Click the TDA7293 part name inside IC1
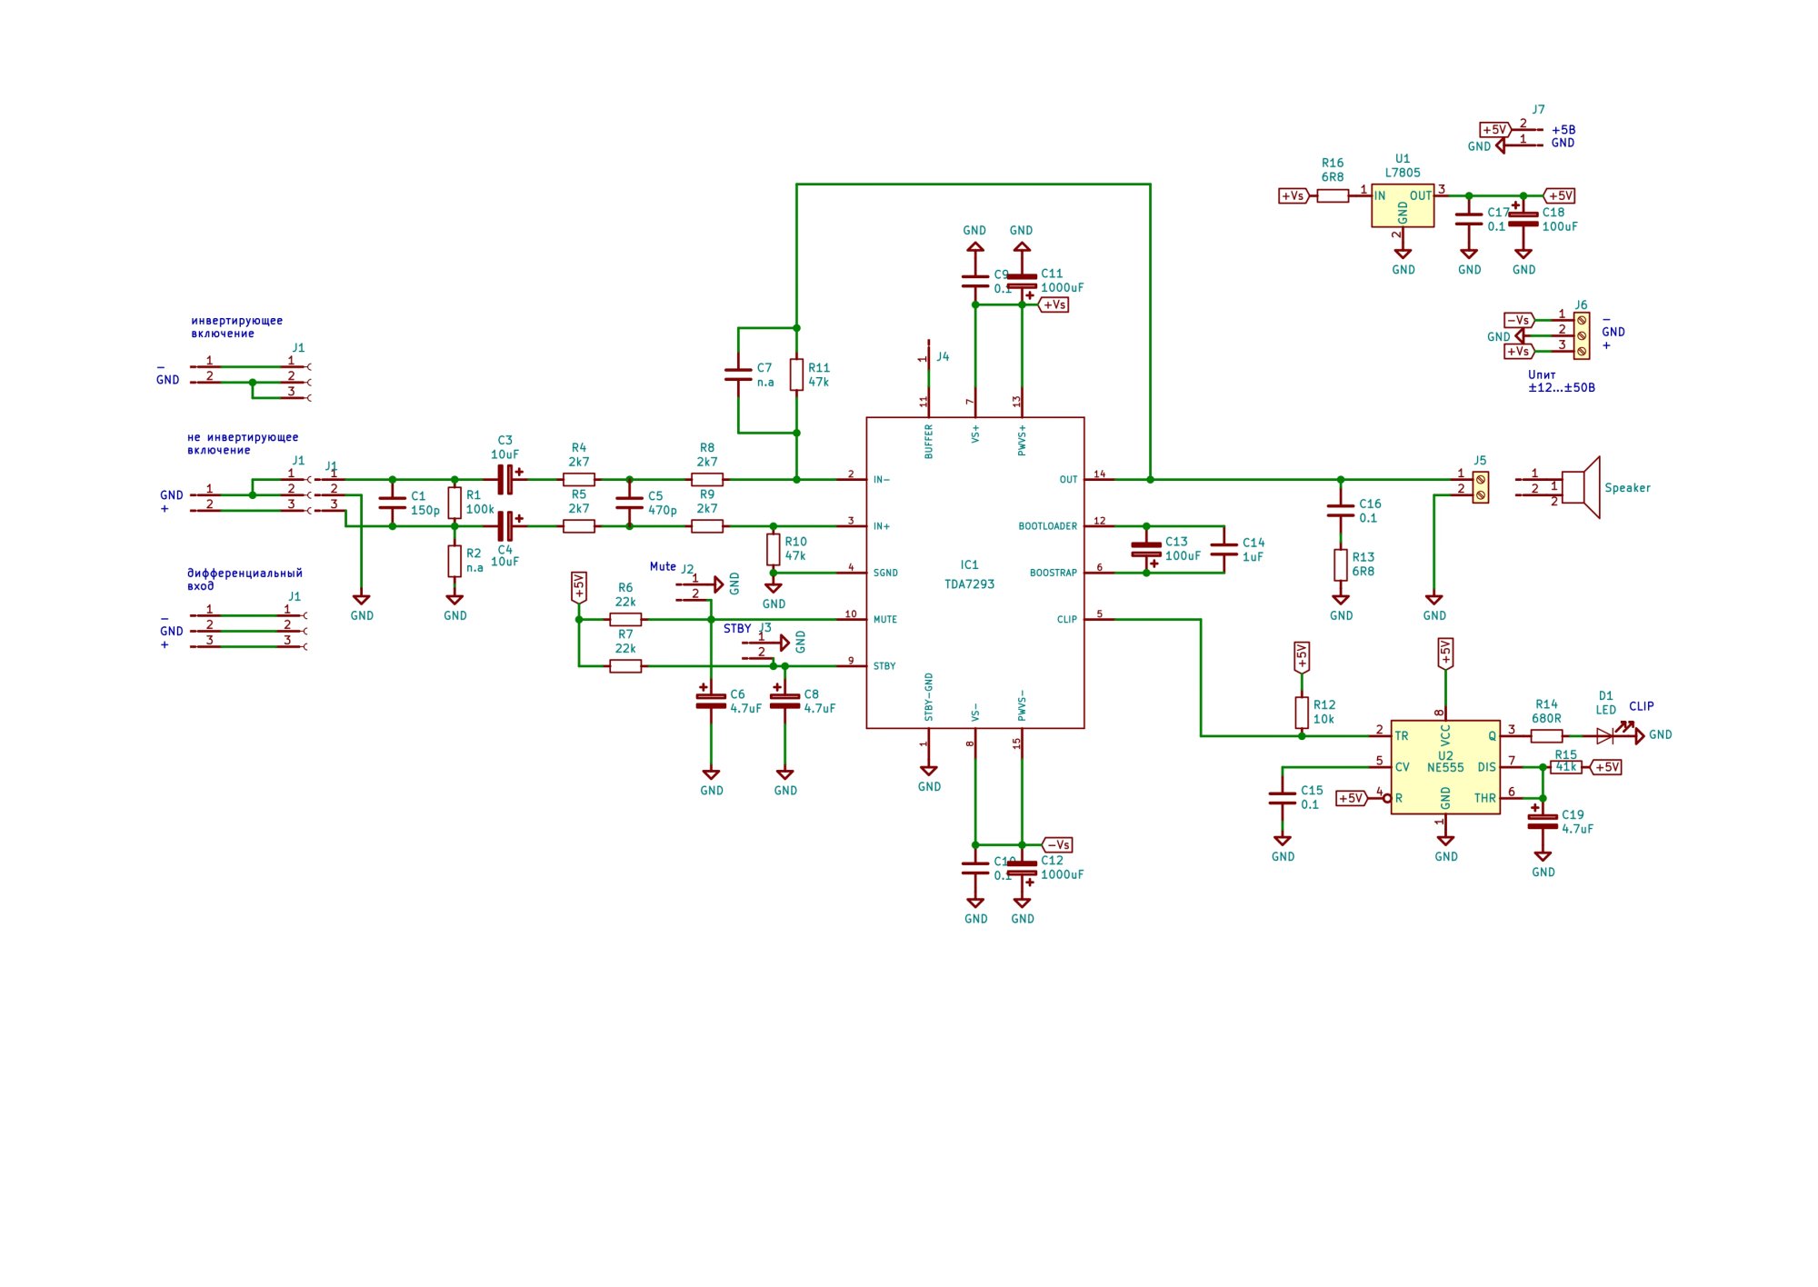[x=969, y=584]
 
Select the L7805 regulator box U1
[x=1403, y=205]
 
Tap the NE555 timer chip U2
[x=1445, y=767]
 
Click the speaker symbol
[x=1582, y=488]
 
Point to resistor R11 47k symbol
[x=796, y=374]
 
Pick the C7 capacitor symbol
[x=738, y=374]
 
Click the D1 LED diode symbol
[x=1605, y=735]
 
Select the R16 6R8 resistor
[x=1333, y=195]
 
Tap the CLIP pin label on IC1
[x=1066, y=620]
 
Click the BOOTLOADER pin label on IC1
[x=1047, y=526]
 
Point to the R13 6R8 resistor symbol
[x=1341, y=564]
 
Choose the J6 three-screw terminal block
[x=1582, y=335]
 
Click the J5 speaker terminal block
[x=1481, y=487]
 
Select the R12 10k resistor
[x=1302, y=713]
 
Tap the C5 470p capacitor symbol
[x=629, y=503]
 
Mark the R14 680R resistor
[x=1546, y=735]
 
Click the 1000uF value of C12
[x=1062, y=874]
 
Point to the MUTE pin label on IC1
[x=884, y=620]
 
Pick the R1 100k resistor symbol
[x=454, y=503]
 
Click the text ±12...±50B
[x=1561, y=388]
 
